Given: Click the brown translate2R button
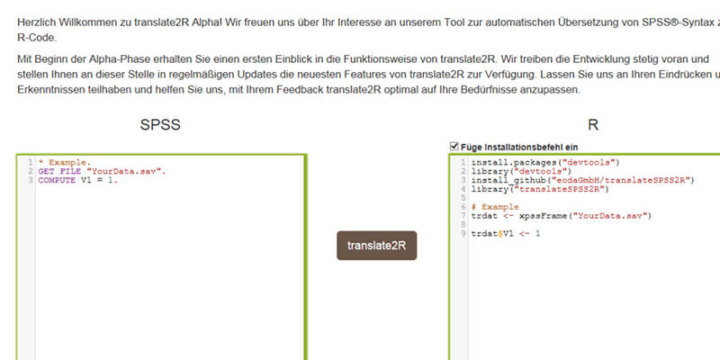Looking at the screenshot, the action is pos(376,245).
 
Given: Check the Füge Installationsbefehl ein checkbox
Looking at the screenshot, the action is pos(454,147).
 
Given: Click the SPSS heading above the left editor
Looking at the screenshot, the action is pos(160,125).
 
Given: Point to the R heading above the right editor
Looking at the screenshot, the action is pos(593,125).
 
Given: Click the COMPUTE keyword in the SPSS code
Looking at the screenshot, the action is pos(57,181).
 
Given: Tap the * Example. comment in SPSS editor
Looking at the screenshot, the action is pos(65,163).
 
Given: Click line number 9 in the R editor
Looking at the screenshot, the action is pos(463,234).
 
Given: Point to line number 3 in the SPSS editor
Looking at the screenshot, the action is pos(31,181).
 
